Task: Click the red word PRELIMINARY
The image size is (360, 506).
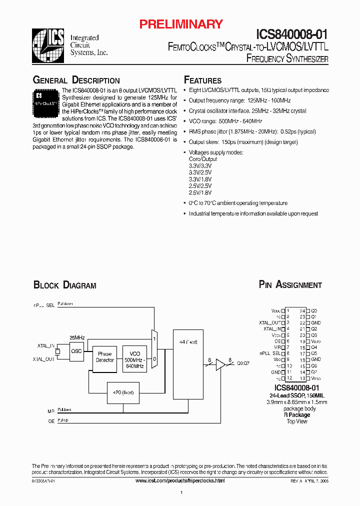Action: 180,24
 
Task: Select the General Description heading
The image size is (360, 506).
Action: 76,80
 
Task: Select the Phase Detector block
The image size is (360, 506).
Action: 105,357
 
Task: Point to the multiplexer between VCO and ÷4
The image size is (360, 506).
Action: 154,348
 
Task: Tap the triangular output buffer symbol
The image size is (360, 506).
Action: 220,366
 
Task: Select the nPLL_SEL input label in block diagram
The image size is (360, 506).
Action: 43,305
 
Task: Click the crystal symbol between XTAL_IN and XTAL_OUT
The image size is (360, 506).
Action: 58,352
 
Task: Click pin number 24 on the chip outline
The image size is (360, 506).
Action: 302,310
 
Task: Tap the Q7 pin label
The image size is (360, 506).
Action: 314,372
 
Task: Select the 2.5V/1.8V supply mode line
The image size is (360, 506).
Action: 200,192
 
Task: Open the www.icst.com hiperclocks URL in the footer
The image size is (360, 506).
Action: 180,480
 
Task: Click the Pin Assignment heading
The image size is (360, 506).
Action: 290,285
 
